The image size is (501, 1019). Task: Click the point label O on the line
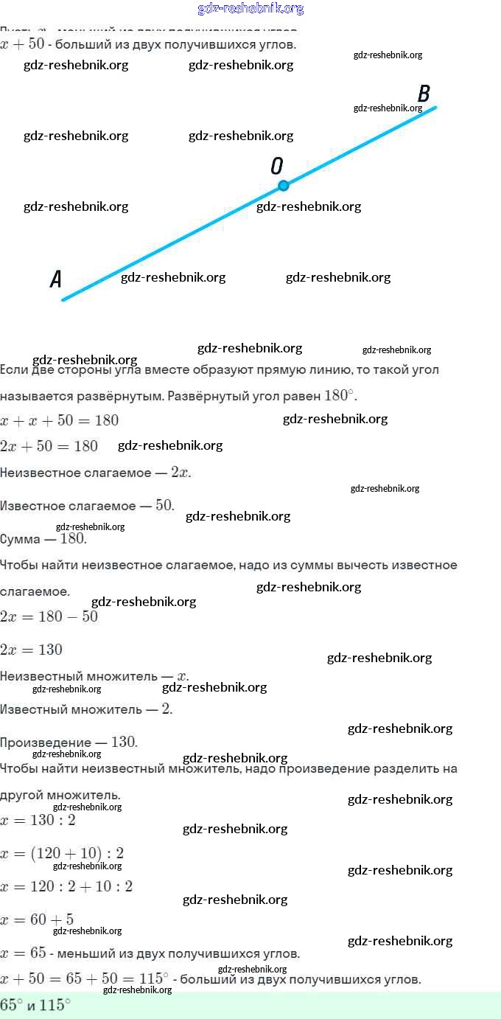(x=277, y=166)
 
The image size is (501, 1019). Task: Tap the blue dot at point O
(x=283, y=185)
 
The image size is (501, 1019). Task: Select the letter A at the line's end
(x=55, y=279)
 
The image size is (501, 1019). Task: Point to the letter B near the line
(x=424, y=94)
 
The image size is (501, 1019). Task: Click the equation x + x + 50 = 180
(x=60, y=420)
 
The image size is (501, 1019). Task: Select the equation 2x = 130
(x=32, y=650)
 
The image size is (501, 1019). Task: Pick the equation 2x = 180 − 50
(x=49, y=616)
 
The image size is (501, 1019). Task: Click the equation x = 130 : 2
(x=38, y=820)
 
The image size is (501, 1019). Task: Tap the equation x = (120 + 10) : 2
(x=63, y=853)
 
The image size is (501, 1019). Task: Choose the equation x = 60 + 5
(x=38, y=919)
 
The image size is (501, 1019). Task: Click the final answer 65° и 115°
(x=35, y=1004)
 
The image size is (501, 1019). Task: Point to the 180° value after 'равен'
(x=340, y=395)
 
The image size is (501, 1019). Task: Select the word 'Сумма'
(x=21, y=539)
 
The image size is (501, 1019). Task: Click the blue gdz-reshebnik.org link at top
(x=251, y=9)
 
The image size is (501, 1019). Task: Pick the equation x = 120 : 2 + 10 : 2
(x=67, y=886)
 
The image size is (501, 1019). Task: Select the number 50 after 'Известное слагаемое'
(x=165, y=506)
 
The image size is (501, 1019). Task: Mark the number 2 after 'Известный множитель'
(x=167, y=709)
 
